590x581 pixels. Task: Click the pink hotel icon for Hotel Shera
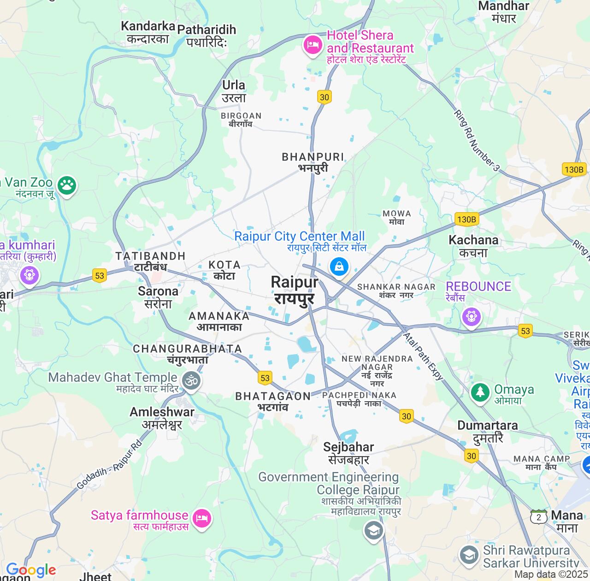tap(313, 46)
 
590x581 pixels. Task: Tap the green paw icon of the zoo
tap(67, 185)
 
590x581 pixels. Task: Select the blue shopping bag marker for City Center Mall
tap(339, 267)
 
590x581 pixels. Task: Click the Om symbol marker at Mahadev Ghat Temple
tap(191, 381)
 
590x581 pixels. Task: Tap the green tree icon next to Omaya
tap(480, 392)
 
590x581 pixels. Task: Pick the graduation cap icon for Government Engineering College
tap(373, 530)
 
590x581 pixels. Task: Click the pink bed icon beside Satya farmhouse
tap(201, 519)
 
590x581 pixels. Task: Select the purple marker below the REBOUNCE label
tap(471, 317)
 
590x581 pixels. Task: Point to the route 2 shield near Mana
tap(538, 517)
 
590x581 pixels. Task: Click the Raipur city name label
tap(295, 290)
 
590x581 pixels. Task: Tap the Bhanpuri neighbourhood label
tap(313, 162)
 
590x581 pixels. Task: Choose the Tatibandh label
tap(150, 261)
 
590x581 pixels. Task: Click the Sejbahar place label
tap(348, 453)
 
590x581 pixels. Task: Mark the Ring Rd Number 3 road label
tap(477, 141)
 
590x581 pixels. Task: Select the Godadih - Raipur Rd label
tap(109, 465)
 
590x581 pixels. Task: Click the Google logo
tap(30, 570)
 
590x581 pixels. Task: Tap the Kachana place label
tap(473, 246)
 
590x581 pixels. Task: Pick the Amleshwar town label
tap(162, 418)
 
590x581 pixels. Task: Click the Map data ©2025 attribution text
tap(551, 575)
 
